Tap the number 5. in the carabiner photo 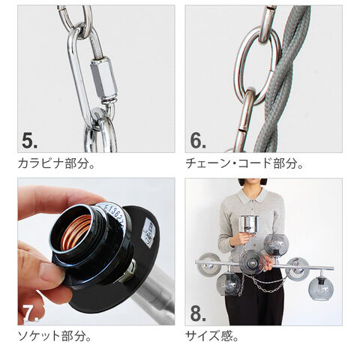(x=29, y=140)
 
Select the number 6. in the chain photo (x=198, y=140)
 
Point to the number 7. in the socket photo (x=31, y=313)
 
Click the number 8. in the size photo (x=198, y=313)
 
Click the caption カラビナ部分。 (x=56, y=163)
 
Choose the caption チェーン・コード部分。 (x=244, y=163)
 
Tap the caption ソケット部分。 (x=54, y=336)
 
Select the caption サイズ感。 (x=211, y=336)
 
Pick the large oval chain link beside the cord (x=257, y=65)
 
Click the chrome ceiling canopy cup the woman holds (x=249, y=225)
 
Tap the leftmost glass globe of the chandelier (x=208, y=265)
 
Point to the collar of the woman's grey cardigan (x=251, y=196)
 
